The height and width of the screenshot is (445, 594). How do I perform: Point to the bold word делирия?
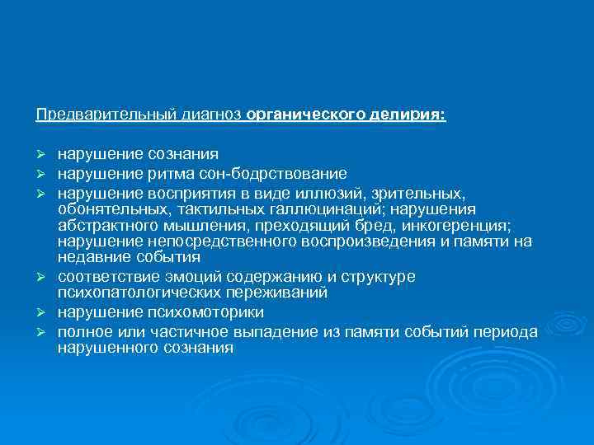[x=408, y=117]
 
